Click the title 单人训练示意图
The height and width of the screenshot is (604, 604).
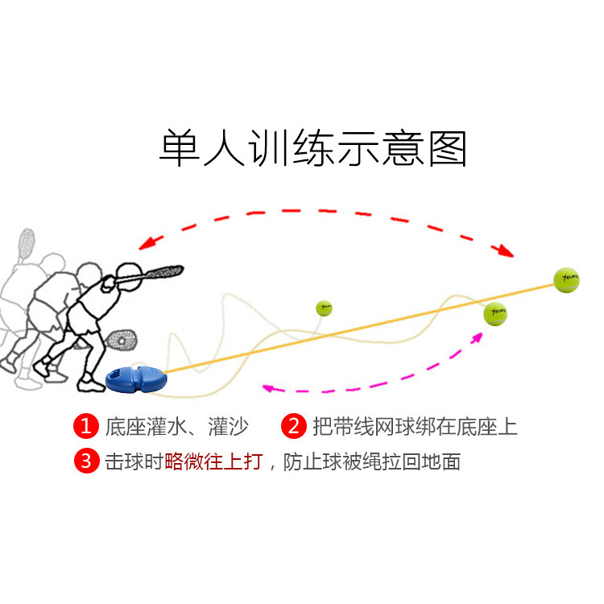pos(312,147)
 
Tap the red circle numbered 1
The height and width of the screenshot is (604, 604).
pos(85,426)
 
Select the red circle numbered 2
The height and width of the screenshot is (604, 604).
pos(294,426)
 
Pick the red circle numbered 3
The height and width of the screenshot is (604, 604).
pos(85,461)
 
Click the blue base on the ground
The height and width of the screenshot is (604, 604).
pos(134,377)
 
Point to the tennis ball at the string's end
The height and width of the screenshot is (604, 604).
pos(566,279)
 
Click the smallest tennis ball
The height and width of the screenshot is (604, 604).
pos(324,308)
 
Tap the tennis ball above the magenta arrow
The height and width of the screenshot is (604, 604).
pos(495,314)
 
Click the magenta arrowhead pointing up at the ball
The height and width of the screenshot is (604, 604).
pos(477,336)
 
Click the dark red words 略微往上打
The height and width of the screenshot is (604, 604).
pos(213,462)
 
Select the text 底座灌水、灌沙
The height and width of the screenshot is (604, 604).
pos(175,427)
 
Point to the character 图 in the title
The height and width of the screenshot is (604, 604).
pos(448,147)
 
